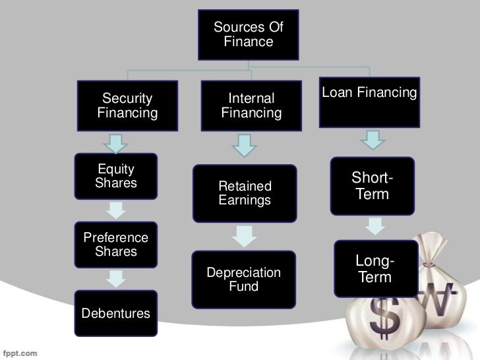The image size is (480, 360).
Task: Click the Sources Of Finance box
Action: pos(248,34)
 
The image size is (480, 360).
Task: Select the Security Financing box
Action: pos(128,106)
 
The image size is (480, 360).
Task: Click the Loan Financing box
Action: pos(369,104)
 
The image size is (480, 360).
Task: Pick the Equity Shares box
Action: pos(116,176)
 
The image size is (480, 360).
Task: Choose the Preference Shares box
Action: pos(116,245)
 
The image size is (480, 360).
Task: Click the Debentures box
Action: pos(116,313)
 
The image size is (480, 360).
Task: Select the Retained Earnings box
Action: pos(245,193)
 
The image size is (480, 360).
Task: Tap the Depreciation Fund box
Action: pos(244,280)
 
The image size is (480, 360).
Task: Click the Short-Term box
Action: pos(373,185)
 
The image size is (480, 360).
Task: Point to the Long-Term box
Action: pos(375,269)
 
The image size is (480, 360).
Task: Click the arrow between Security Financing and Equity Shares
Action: pos(116,142)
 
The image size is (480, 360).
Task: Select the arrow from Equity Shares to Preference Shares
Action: pos(116,210)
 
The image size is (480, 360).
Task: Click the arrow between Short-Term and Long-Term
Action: pos(374,226)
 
